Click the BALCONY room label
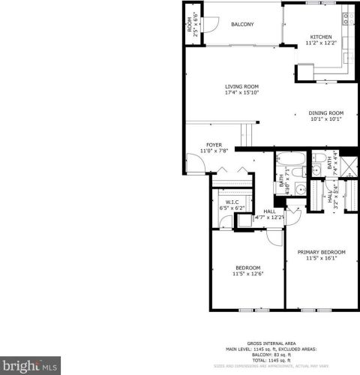[x=242, y=25]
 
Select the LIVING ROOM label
[x=241, y=86]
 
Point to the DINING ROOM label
[x=326, y=113]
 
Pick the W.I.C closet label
[x=232, y=202]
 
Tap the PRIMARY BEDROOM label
[x=321, y=252]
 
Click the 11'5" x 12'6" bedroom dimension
[x=247, y=274]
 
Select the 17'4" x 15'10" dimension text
[x=241, y=93]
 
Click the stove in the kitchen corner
[x=347, y=19]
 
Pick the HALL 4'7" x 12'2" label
[x=268, y=214]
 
